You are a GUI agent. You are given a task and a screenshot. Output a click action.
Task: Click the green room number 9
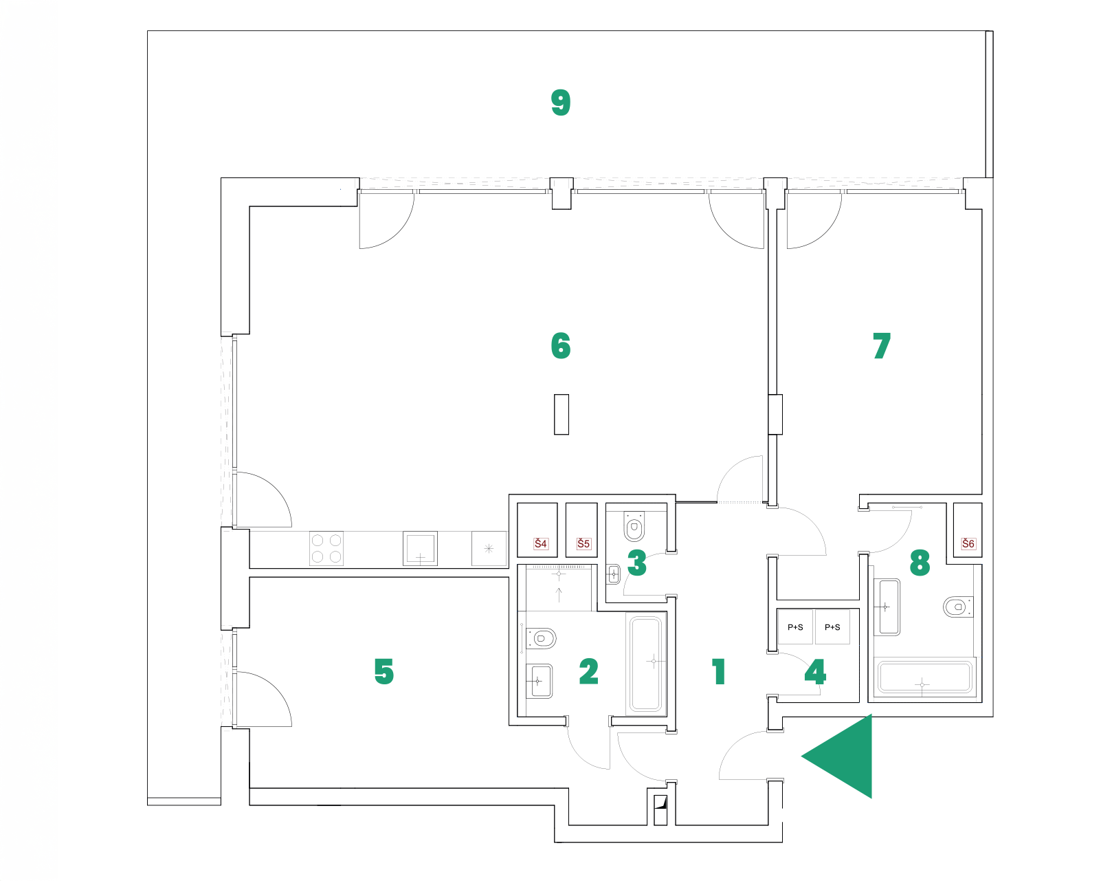point(561,102)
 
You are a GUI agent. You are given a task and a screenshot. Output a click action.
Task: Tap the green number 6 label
point(561,346)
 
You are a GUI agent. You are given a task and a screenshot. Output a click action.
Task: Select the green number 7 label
point(882,346)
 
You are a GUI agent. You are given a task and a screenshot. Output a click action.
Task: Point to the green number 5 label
point(384,671)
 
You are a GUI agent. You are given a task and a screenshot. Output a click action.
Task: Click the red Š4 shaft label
point(541,543)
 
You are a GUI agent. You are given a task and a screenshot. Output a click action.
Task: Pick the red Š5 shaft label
point(583,543)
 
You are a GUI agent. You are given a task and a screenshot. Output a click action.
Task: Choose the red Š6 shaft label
point(968,543)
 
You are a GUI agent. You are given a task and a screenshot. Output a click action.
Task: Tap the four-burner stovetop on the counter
point(326,548)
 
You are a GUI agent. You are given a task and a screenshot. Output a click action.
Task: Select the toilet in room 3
point(634,527)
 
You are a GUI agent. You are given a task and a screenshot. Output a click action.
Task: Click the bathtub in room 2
point(646,663)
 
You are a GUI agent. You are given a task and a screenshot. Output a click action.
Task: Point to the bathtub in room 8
point(925,677)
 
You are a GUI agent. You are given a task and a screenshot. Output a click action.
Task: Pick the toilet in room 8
point(957,607)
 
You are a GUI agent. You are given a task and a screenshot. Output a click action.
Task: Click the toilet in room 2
point(542,638)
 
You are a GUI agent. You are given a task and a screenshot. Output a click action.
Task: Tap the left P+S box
point(795,627)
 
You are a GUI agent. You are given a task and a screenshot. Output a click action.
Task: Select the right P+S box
point(832,627)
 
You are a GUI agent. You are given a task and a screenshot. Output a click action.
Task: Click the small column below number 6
point(561,414)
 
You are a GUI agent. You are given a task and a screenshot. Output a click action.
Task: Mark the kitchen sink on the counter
point(420,548)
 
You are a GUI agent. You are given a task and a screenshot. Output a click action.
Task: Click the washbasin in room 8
point(887,607)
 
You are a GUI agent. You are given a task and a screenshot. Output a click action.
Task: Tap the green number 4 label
point(815,672)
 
